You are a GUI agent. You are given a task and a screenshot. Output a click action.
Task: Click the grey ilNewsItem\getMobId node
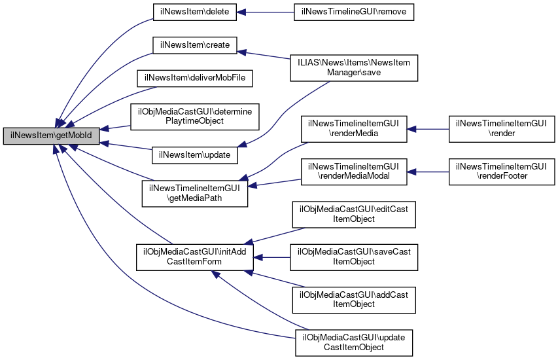pyautogui.click(x=51, y=136)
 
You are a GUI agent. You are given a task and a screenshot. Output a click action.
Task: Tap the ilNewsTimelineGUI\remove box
pyautogui.click(x=354, y=12)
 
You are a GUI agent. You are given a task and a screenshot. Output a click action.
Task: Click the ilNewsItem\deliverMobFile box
pyautogui.click(x=194, y=78)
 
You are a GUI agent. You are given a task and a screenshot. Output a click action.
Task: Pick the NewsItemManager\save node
pyautogui.click(x=354, y=67)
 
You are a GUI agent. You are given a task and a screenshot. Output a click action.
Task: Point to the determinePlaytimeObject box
pyautogui.click(x=194, y=116)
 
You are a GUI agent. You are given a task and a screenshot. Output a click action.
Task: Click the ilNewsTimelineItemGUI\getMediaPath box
pyautogui.click(x=196, y=194)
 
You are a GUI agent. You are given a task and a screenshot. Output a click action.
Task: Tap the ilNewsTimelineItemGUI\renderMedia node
pyautogui.click(x=354, y=128)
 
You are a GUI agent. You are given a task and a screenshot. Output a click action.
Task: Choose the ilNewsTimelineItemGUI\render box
pyautogui.click(x=501, y=128)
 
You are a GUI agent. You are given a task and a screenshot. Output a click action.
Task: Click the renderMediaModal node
pyautogui.click(x=354, y=171)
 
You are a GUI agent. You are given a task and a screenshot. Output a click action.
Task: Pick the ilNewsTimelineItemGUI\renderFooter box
pyautogui.click(x=501, y=171)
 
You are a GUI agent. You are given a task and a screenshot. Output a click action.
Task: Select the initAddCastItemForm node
pyautogui.click(x=194, y=256)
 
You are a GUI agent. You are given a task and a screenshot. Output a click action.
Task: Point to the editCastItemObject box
pyautogui.click(x=354, y=214)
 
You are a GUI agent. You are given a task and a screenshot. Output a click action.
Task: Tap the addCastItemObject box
pyautogui.click(x=354, y=299)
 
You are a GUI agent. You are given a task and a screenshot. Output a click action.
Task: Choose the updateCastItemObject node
pyautogui.click(x=354, y=342)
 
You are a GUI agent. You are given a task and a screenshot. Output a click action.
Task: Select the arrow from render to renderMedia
pyautogui.click(x=428, y=128)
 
